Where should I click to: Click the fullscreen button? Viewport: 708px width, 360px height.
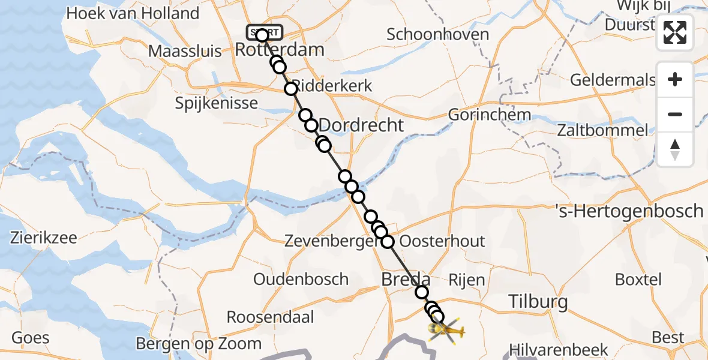[675, 32]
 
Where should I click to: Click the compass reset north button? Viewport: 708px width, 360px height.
[675, 149]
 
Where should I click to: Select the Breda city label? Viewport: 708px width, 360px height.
[406, 280]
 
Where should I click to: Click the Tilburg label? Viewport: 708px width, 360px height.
[538, 302]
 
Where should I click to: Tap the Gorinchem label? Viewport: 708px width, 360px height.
[490, 114]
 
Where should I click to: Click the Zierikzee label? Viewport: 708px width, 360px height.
[44, 238]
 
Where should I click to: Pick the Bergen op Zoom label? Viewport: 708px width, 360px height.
[199, 344]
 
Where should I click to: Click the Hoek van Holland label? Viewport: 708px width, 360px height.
[133, 13]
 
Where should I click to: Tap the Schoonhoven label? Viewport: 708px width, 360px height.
[438, 34]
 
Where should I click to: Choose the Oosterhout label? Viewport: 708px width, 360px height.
[442, 241]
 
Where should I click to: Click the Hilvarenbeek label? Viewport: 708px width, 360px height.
[558, 350]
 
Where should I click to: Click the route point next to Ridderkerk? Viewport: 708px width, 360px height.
[291, 89]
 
